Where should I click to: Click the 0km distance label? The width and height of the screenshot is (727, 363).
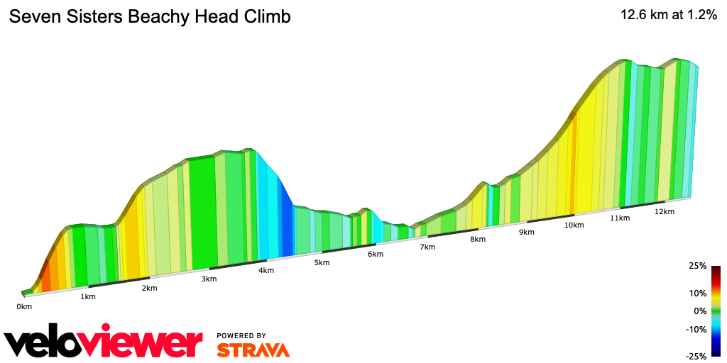point(24,306)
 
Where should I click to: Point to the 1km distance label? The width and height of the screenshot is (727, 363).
point(88,296)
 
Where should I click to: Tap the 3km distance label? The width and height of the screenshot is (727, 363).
point(209,279)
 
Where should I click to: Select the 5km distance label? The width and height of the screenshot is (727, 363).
point(322,263)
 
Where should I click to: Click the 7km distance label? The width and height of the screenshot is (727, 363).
point(427,247)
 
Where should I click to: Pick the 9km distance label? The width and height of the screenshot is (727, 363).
point(526,232)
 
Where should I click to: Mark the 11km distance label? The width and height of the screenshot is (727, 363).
point(620,218)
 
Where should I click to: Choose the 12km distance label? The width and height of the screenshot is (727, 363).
point(664,211)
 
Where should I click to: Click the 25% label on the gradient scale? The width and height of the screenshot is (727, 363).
point(697,266)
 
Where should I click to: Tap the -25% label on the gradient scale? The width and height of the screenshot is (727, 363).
point(696,356)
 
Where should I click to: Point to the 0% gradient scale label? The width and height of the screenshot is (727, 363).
point(700,311)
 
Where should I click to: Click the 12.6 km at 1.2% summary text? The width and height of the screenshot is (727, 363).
point(669,16)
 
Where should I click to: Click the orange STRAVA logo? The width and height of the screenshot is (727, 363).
point(253,350)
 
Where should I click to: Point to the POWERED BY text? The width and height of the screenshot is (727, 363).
point(241,335)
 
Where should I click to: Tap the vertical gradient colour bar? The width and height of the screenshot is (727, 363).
point(716,311)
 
